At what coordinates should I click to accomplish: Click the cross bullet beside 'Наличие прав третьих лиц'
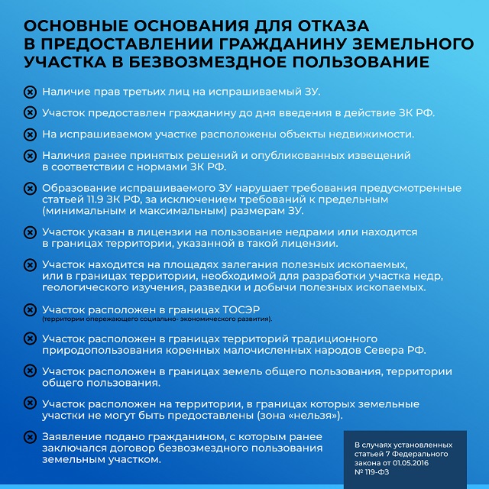pyautogui.click(x=30, y=92)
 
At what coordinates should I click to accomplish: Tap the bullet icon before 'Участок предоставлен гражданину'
pyautogui.click(x=30, y=112)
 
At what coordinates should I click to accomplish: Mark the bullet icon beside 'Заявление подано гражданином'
pyautogui.click(x=30, y=437)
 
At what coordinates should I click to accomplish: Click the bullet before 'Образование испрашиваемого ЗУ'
pyautogui.click(x=30, y=187)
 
